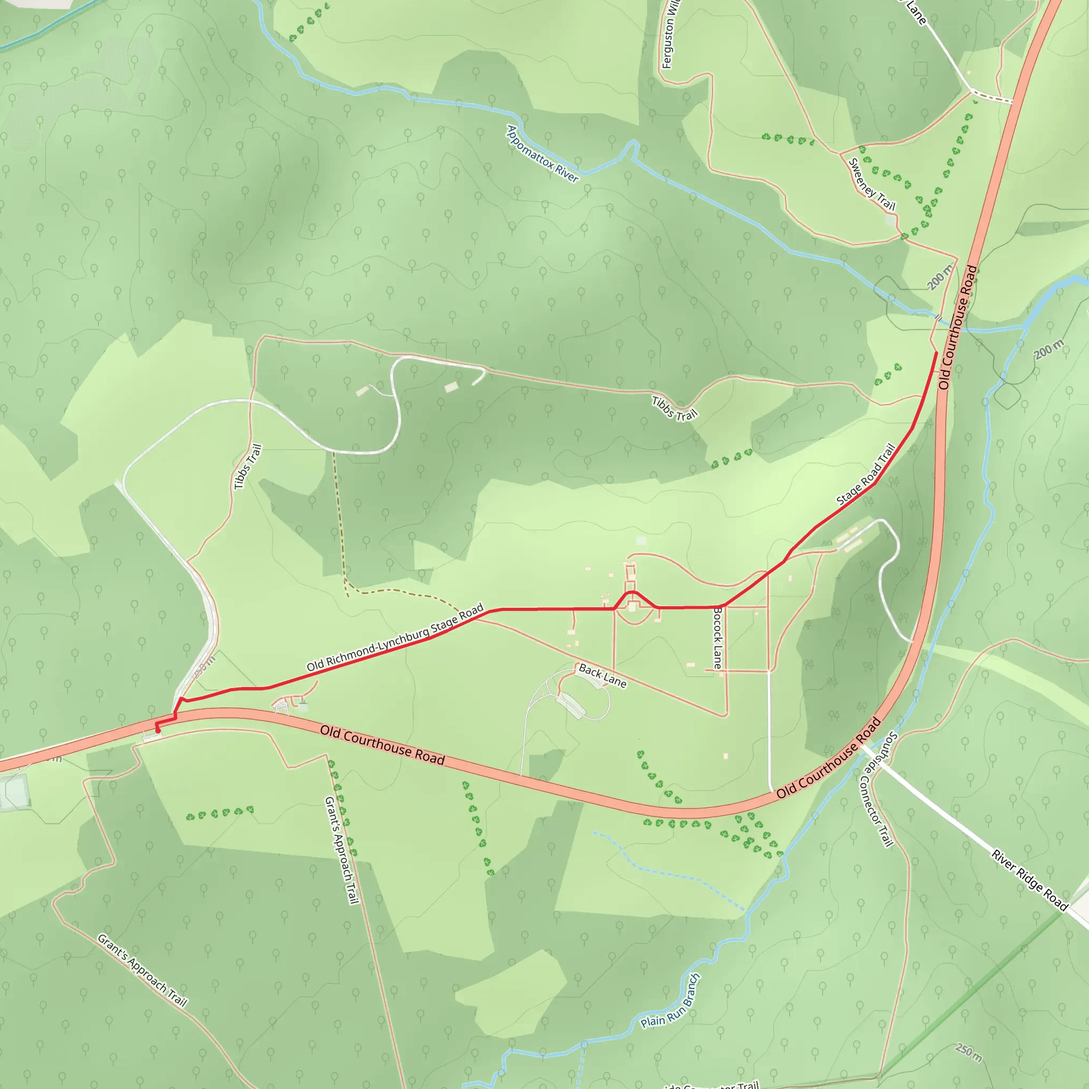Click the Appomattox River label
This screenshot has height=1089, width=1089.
[542, 154]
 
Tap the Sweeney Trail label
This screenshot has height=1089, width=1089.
[872, 185]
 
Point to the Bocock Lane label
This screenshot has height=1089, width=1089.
[717, 638]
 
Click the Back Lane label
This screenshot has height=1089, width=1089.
[602, 676]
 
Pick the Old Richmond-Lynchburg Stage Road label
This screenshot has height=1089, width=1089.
[395, 638]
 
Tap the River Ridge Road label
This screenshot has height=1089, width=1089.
[1030, 881]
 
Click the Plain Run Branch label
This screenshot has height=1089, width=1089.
[671, 1001]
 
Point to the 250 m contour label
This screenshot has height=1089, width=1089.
[969, 1053]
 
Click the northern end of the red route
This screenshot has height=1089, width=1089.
[936, 353]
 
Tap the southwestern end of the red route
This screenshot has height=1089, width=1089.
[158, 732]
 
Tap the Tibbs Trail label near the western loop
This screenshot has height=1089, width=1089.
[248, 467]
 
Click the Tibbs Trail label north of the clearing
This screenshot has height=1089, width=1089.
[675, 409]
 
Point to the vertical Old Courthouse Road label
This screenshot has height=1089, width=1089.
[958, 327]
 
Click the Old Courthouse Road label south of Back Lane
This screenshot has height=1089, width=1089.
[383, 745]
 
